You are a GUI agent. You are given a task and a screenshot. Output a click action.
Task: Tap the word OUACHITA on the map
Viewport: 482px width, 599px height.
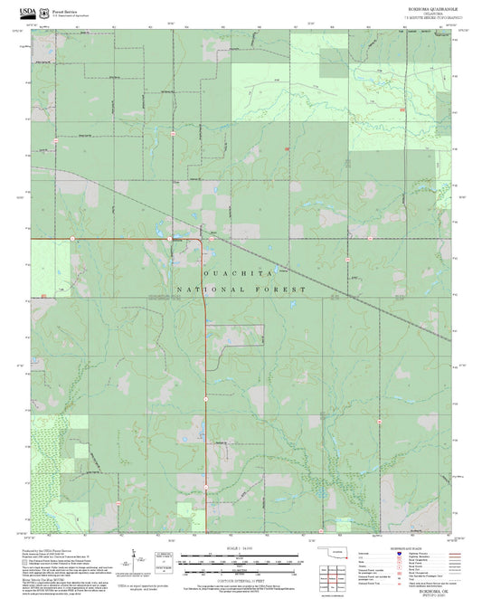(239, 272)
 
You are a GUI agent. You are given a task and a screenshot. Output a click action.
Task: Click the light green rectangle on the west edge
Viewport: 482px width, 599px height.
(50, 267)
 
